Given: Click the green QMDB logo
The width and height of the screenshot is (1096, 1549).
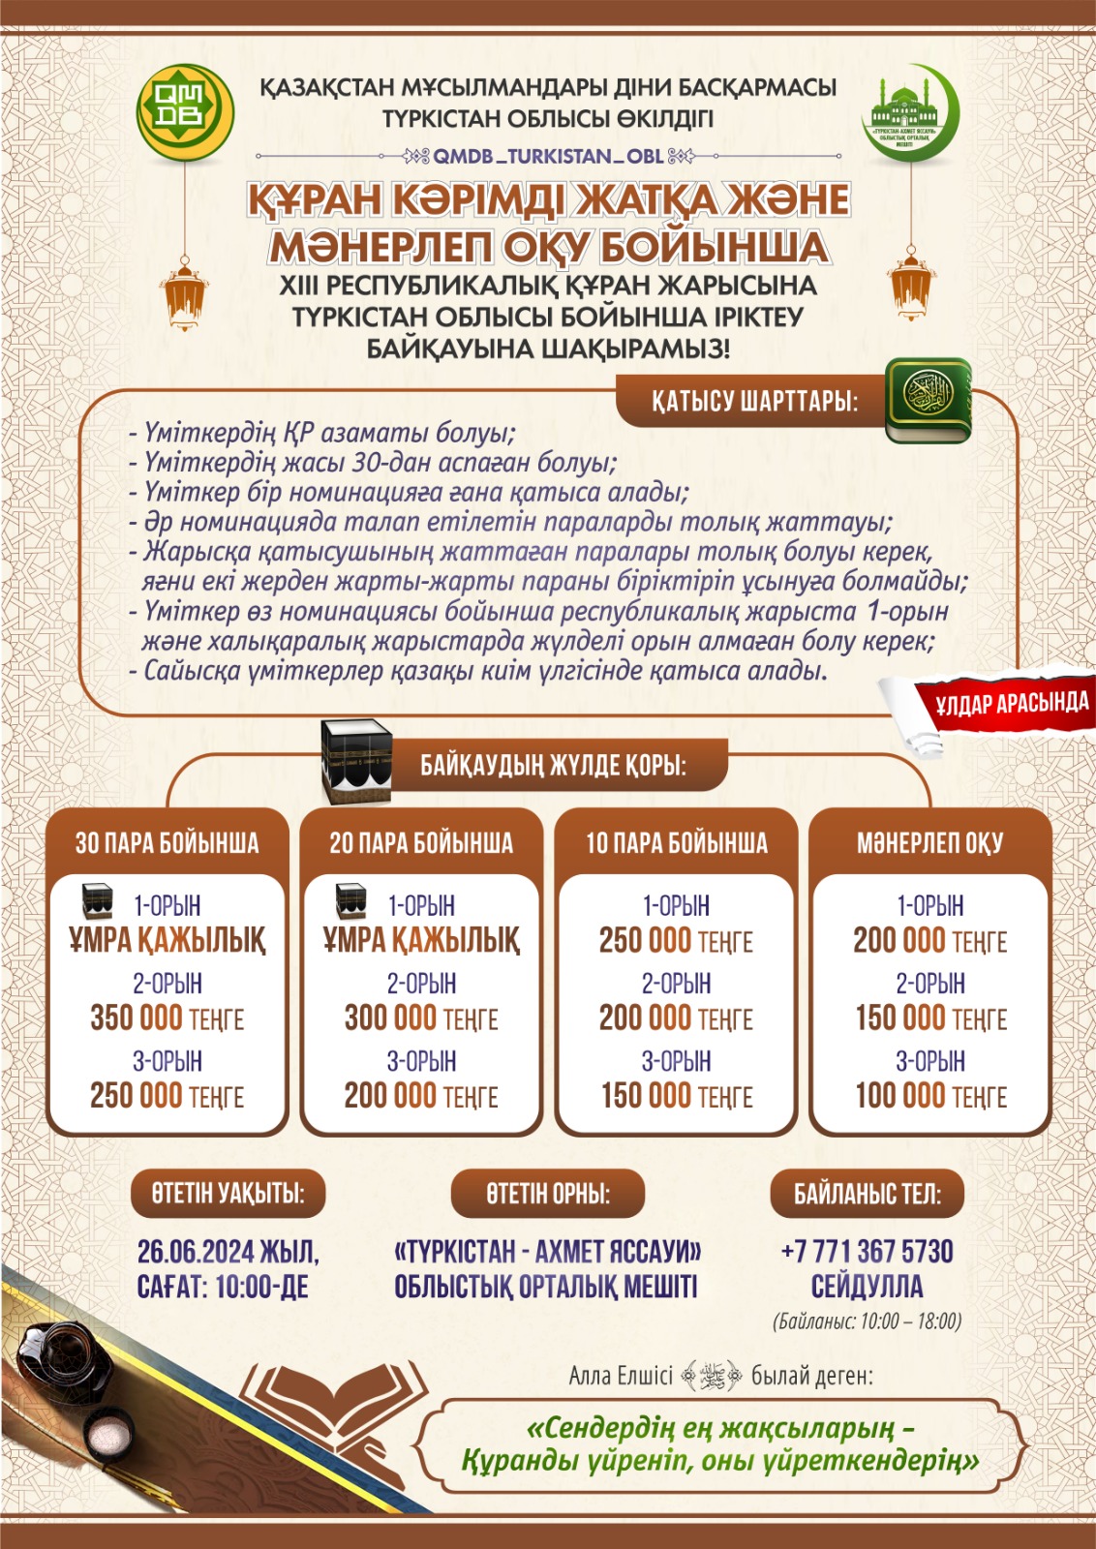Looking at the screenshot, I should [x=185, y=107].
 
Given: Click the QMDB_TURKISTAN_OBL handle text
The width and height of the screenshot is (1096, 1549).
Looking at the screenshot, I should [x=548, y=156].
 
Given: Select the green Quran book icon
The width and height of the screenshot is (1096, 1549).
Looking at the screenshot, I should [x=929, y=401].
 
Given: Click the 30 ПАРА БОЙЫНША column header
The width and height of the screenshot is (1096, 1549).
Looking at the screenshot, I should [x=167, y=842].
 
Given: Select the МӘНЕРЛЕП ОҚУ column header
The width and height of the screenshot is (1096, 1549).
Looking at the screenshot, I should [x=929, y=842].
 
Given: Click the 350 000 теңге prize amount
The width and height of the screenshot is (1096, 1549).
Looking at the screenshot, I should [x=167, y=1018].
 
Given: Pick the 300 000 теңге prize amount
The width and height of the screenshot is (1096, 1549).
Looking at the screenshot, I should [x=421, y=1018].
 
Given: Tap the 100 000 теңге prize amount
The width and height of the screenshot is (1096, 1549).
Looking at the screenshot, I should [x=930, y=1096].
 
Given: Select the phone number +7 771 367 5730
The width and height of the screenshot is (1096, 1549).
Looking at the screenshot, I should [x=867, y=1252].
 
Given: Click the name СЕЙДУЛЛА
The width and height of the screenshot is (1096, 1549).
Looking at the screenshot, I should [x=867, y=1287].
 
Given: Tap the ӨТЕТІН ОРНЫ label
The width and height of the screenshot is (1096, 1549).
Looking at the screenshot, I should [x=548, y=1194].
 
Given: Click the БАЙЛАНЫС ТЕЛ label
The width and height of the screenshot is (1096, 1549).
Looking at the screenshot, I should [x=867, y=1194].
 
